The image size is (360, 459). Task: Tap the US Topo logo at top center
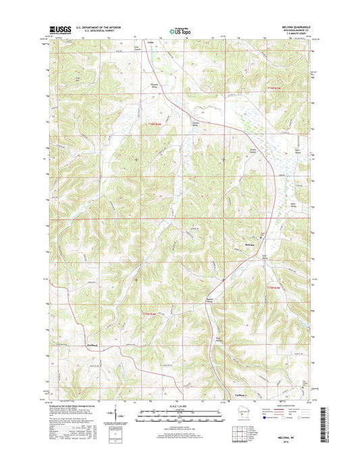click(179, 30)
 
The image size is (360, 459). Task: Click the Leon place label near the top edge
click(141, 42)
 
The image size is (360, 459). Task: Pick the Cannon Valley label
click(192, 123)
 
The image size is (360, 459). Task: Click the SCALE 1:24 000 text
click(178, 408)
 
